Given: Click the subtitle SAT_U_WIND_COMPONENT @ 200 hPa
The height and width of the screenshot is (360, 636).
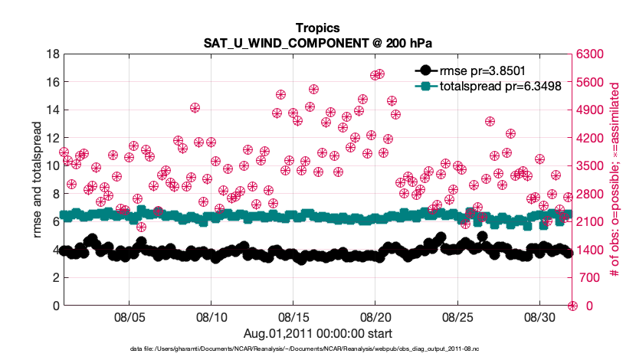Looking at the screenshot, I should tap(316, 43).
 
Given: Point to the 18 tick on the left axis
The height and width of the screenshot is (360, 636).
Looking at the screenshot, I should tap(53, 54).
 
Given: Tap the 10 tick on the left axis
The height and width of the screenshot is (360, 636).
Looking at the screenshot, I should tap(53, 166).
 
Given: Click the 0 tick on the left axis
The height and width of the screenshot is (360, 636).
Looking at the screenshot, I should tap(56, 306).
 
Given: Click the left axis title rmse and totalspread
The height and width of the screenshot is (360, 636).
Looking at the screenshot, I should tap(36, 180).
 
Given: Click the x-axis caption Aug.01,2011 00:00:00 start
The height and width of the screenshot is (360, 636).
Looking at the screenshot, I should tap(317, 333).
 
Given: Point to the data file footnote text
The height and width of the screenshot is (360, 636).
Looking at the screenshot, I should tap(317, 349).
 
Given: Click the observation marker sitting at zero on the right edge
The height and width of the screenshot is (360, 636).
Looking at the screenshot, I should tap(572, 306).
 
